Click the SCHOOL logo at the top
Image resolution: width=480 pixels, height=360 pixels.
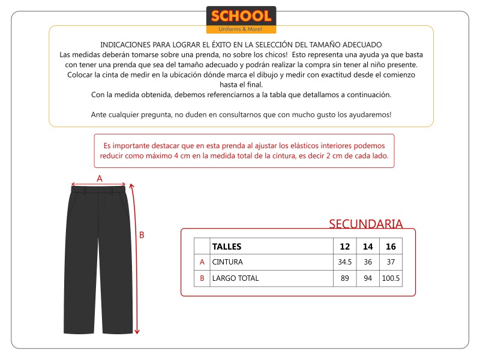point(241,20)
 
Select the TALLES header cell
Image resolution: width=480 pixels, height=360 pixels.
point(227,247)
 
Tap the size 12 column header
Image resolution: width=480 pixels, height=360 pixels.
point(344,247)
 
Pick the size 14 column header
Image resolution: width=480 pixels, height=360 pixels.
point(368,247)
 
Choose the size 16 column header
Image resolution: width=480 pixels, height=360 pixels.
point(391,247)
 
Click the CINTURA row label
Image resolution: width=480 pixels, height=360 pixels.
point(227,262)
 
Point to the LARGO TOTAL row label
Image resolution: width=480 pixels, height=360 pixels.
point(236,278)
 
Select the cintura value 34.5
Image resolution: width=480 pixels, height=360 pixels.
point(344,262)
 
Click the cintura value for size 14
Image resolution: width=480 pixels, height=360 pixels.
point(368,262)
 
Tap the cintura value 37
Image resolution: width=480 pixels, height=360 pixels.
point(391,262)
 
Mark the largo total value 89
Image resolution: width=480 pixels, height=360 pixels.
point(344,278)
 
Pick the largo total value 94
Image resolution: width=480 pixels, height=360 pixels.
point(368,278)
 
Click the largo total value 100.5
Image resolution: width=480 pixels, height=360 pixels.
point(391,278)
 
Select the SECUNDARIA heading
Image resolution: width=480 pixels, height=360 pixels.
point(365,224)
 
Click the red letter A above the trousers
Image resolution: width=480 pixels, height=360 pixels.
point(100,178)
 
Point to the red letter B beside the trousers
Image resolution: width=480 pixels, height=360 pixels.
point(142,235)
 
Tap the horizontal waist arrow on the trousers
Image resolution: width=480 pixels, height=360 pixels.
point(99,185)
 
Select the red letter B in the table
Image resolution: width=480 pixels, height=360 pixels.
point(202,278)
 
